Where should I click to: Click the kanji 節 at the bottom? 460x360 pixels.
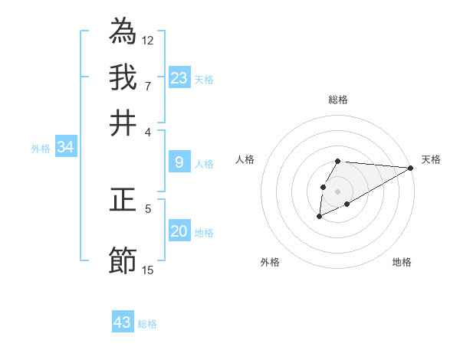coord(123,260)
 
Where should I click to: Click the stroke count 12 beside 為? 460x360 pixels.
coord(148,40)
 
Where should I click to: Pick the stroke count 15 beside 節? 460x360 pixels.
coord(148,270)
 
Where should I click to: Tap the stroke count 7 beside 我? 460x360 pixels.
coord(148,85)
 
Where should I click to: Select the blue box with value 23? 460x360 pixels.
coord(179,77)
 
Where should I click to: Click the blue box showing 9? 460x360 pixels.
coord(179,162)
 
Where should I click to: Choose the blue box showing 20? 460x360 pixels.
coord(179,231)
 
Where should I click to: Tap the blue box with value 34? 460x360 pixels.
coord(65,147)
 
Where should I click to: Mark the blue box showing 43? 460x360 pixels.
coord(123,322)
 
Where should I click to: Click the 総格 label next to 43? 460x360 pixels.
coord(147,324)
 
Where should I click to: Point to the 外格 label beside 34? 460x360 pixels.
coord(41,149)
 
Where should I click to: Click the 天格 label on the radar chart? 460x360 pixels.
coord(431,159)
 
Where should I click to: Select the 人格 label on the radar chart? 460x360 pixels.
coord(245,159)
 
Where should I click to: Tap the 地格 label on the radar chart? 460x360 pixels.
coord(402,262)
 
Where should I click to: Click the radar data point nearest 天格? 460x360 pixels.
coord(411,168)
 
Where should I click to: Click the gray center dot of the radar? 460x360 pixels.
coord(337,191)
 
